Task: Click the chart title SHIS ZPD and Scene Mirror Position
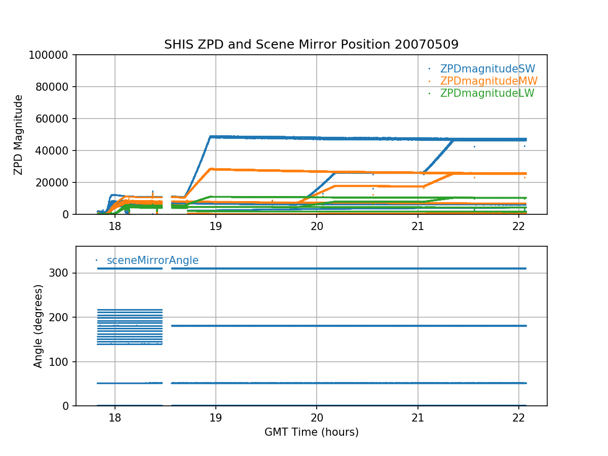pos(311,45)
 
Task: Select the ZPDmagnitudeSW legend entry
pos(487,69)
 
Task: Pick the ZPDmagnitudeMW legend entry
pos(488,81)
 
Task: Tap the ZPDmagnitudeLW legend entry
pos(487,93)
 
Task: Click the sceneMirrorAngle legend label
pos(153,260)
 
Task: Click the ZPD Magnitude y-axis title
pos(19,135)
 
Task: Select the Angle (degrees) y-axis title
pos(39,326)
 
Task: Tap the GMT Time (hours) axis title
pos(311,432)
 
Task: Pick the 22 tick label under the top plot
pos(518,225)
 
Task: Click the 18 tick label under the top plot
pos(115,225)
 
